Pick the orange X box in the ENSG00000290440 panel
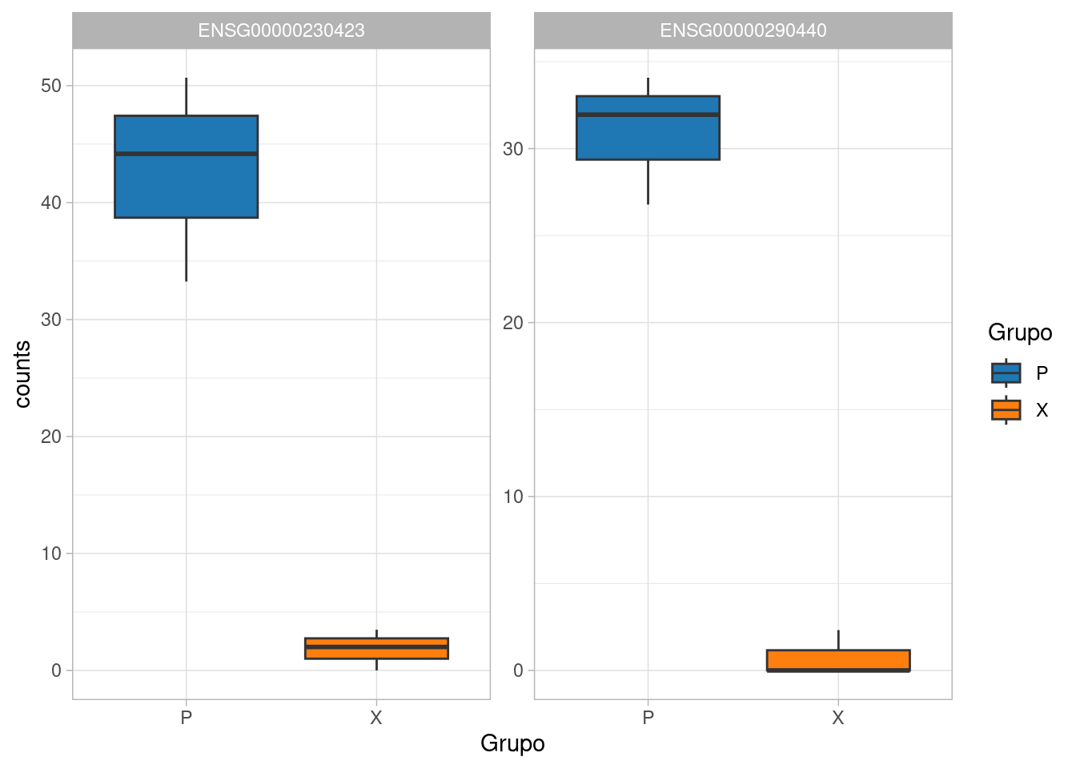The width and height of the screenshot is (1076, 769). [838, 659]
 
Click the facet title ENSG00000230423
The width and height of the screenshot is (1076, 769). [281, 30]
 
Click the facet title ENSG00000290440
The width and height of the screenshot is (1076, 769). [743, 30]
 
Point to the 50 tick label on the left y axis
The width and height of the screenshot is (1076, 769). [51, 86]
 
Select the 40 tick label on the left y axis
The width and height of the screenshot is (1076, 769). [51, 203]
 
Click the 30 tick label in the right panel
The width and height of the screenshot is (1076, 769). [513, 149]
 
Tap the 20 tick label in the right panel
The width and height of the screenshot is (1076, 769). [513, 323]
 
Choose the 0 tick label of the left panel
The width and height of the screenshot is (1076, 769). [56, 670]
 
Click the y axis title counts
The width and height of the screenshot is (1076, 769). [22, 374]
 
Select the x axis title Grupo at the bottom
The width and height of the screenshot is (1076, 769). [512, 743]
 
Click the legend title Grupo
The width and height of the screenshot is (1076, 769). [1020, 332]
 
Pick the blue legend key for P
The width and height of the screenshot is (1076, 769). [1006, 373]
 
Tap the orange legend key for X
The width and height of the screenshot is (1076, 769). [1006, 410]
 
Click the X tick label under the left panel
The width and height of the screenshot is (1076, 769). [376, 718]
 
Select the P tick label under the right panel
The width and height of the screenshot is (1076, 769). [648, 718]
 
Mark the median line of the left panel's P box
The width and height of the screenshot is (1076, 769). [186, 154]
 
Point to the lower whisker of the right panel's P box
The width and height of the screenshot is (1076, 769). [648, 182]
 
